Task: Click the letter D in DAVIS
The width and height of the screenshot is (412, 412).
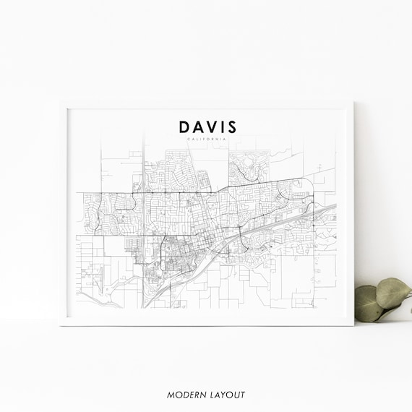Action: click(x=185, y=127)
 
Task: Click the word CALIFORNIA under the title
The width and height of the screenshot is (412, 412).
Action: click(x=207, y=139)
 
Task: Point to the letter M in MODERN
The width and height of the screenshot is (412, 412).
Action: click(x=170, y=395)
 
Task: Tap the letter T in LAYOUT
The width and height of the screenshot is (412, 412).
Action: click(x=244, y=395)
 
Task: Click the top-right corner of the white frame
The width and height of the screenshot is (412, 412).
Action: click(x=353, y=102)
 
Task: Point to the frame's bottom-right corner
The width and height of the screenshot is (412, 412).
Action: click(x=353, y=325)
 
